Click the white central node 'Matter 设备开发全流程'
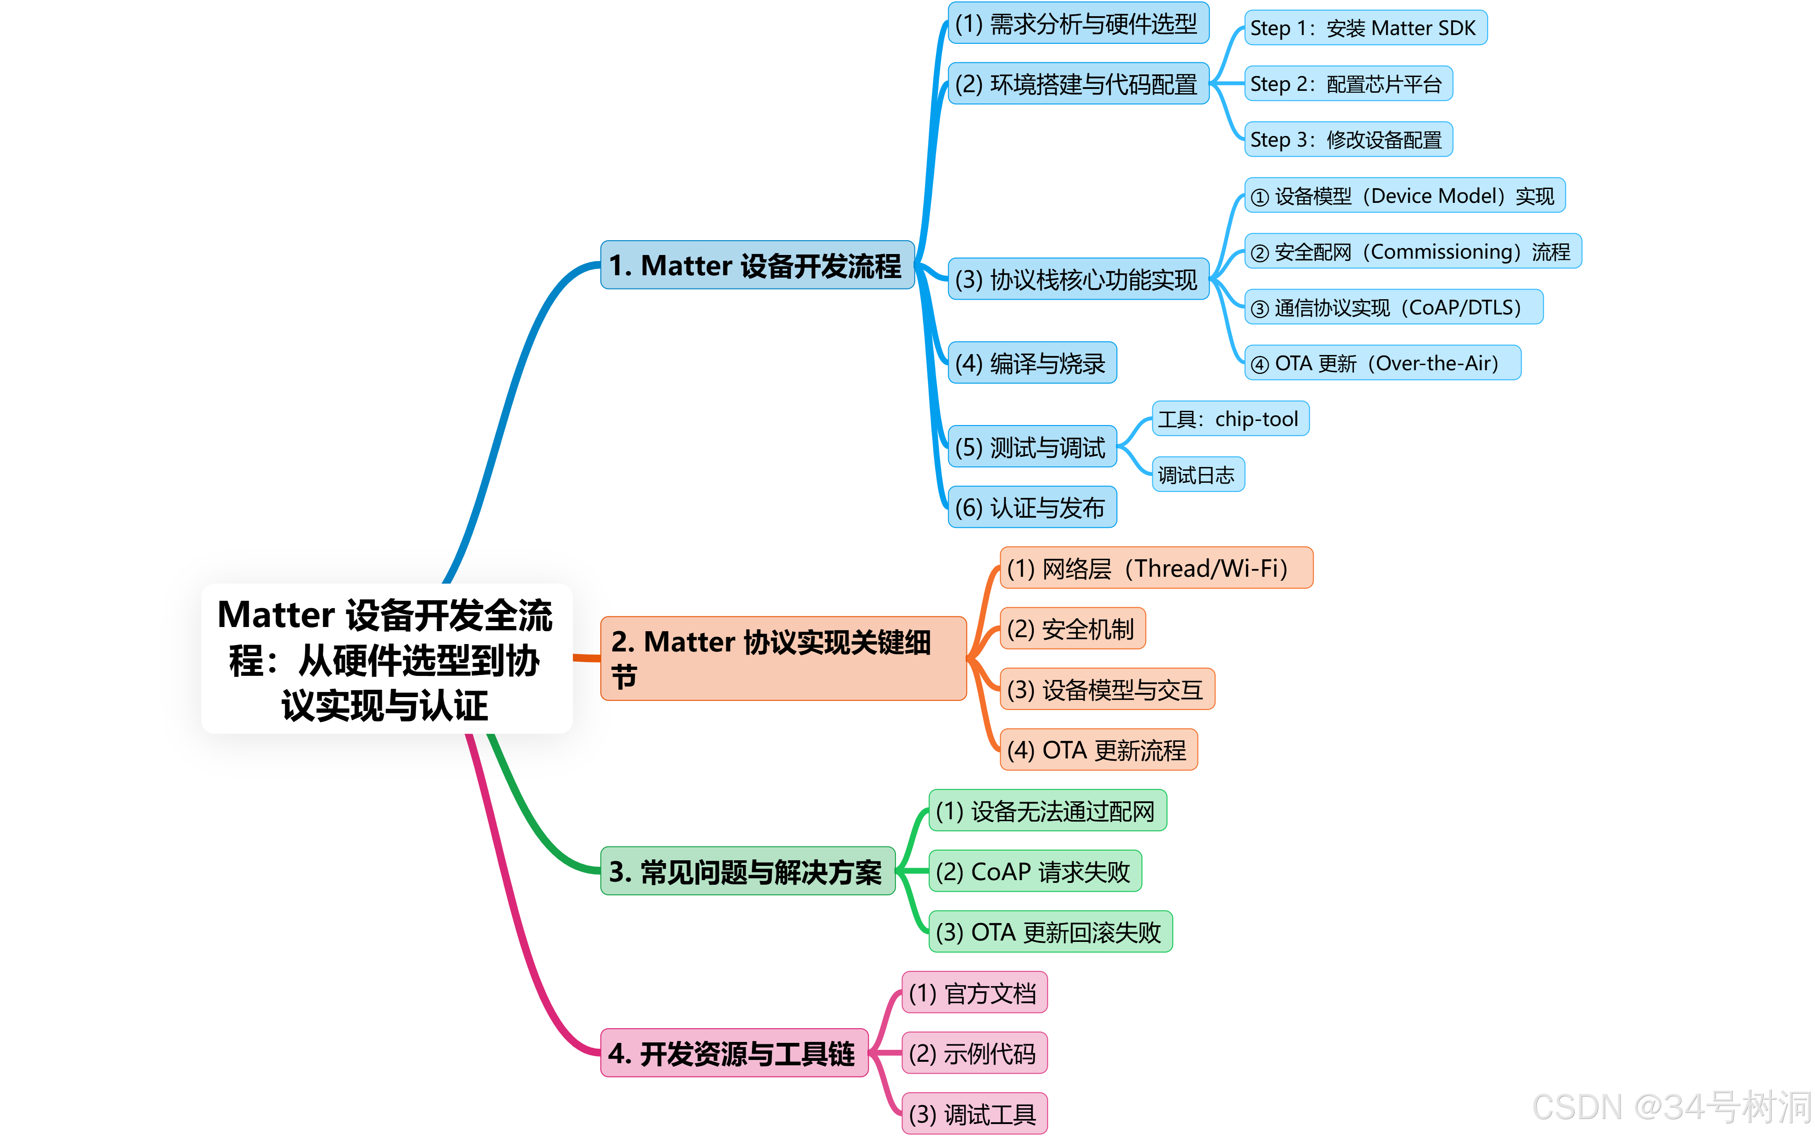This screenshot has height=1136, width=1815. tap(386, 659)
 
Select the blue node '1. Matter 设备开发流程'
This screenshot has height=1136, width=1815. tap(757, 265)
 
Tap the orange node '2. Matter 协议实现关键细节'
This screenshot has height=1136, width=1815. tap(783, 658)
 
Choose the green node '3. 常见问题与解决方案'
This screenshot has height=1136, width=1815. tap(747, 871)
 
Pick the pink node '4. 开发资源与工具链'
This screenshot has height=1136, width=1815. tap(733, 1053)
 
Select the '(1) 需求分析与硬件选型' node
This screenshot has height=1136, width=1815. tap(1077, 24)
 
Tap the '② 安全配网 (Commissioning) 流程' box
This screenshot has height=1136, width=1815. tap(1412, 252)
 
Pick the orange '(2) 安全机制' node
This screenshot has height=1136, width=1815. tap(1071, 629)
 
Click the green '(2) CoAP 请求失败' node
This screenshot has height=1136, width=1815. tap(1034, 871)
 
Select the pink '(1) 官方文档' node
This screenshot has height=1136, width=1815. tap(973, 993)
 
